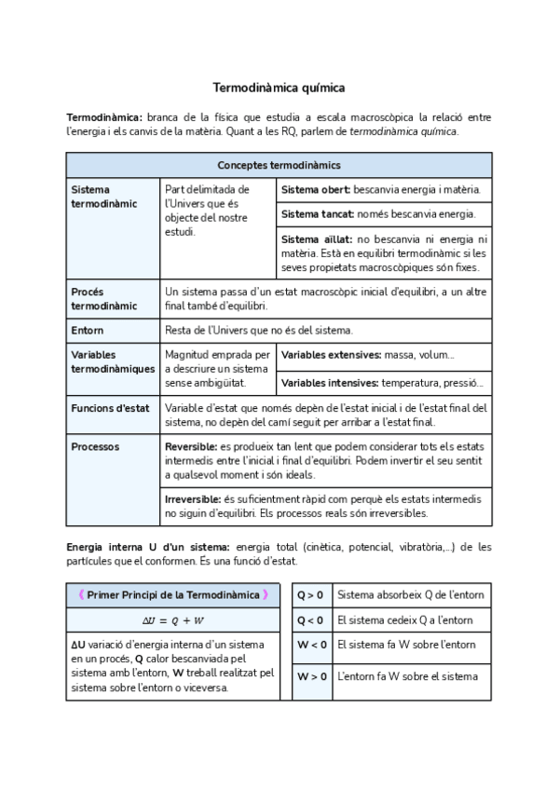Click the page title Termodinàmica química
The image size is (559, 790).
click(279, 88)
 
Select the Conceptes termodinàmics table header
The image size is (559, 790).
click(279, 165)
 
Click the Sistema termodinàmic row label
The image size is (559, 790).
click(103, 196)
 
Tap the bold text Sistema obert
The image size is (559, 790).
click(316, 189)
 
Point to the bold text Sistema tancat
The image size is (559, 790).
click(318, 214)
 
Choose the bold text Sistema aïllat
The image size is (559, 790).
click(316, 239)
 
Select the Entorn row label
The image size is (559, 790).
click(88, 331)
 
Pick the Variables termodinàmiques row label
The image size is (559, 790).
click(113, 361)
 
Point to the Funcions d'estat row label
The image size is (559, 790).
click(109, 408)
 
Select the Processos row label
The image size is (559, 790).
click(95, 446)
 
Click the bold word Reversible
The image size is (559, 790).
click(191, 447)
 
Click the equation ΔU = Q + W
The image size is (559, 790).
click(172, 620)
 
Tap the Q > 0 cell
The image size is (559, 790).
click(310, 594)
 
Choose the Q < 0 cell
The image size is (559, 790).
click(310, 620)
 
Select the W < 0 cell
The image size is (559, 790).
click(310, 645)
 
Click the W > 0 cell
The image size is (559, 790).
click(310, 676)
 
